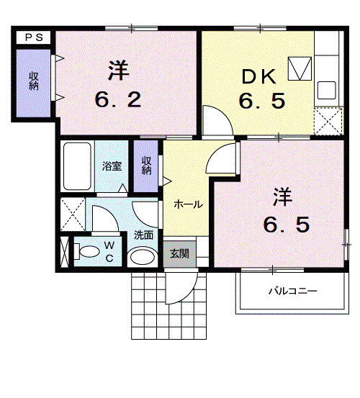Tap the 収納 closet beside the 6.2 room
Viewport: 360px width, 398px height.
(33, 82)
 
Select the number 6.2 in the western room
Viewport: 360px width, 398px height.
(118, 98)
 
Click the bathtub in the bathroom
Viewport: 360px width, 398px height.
(76, 166)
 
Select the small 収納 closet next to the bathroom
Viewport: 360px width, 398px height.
(146, 166)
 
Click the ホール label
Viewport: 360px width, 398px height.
(187, 204)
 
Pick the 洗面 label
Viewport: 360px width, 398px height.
(143, 234)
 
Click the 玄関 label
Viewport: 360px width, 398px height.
(179, 253)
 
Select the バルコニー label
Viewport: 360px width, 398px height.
(292, 291)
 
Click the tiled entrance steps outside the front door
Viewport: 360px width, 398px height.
(147, 306)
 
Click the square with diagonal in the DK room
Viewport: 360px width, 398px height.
(299, 69)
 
